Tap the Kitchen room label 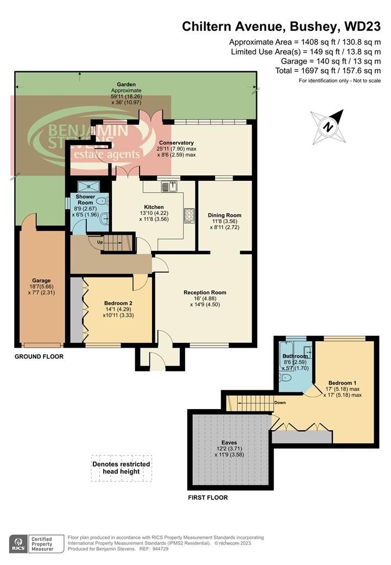154,207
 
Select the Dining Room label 225,215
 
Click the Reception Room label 205,293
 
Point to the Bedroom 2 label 118,303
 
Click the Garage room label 41,280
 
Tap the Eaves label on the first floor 229,442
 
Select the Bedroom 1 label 342,382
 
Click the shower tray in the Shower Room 89,186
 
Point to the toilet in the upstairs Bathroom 285,378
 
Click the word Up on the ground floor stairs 100,242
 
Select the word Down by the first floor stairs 280,403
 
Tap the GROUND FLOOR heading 39,356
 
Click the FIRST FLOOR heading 208,497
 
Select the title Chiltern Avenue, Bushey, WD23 281,26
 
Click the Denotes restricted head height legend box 121,468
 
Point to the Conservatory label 176,143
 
